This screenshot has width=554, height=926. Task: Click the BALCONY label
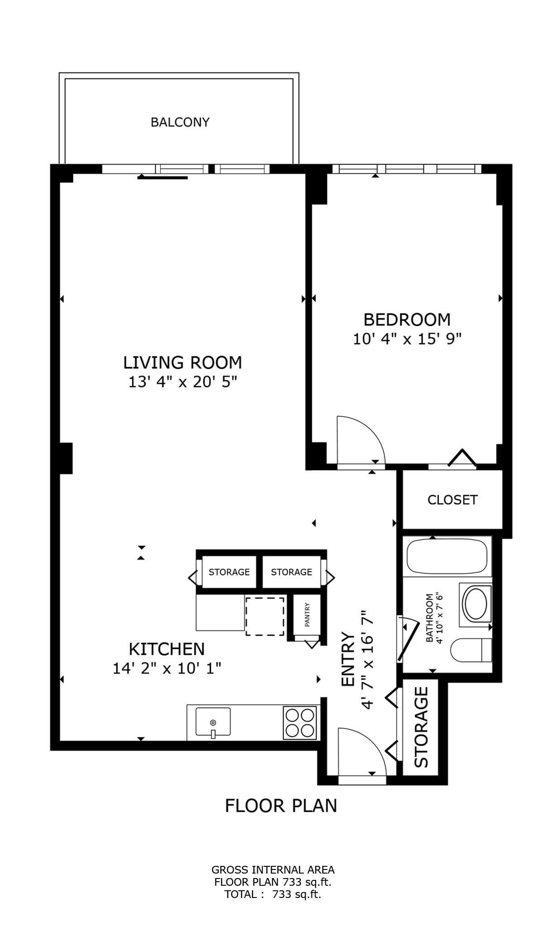point(180,122)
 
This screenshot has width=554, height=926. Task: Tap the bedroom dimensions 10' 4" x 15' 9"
point(407,339)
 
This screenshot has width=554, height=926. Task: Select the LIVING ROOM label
point(183,363)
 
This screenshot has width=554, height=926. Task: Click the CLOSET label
point(452,500)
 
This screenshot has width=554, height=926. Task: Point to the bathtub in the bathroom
point(447,557)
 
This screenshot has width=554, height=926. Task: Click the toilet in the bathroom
point(470,650)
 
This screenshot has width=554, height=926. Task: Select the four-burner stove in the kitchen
point(299,723)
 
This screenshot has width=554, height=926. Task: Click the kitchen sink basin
point(213,721)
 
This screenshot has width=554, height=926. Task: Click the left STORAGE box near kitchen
point(229,572)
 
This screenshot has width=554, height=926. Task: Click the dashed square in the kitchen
point(265,616)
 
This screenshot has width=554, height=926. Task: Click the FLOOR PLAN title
point(281,806)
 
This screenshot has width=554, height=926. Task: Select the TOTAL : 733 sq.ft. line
point(273,894)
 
